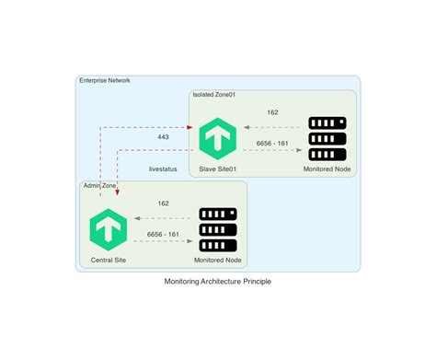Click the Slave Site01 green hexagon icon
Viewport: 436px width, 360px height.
pyautogui.click(x=218, y=137)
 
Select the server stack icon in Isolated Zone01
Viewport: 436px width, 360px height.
pyautogui.click(x=327, y=137)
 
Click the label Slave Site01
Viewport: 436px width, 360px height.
pyautogui.click(x=218, y=169)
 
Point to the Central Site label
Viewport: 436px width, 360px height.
pyautogui.click(x=109, y=261)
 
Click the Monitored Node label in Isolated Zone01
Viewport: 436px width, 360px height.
pyautogui.click(x=327, y=169)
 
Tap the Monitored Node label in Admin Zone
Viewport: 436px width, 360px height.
pyautogui.click(x=218, y=261)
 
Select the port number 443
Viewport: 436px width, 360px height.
pyautogui.click(x=163, y=137)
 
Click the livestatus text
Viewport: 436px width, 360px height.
pyautogui.click(x=163, y=169)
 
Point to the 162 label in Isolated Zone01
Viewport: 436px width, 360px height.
pyautogui.click(x=272, y=112)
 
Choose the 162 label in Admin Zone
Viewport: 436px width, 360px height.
pyautogui.click(x=163, y=203)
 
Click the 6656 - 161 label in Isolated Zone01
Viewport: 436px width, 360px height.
pyautogui.click(x=272, y=144)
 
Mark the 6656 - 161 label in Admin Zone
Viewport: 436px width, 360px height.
pyautogui.click(x=163, y=235)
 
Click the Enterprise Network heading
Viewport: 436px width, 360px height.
pyautogui.click(x=105, y=81)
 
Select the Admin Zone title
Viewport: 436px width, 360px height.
pyautogui.click(x=100, y=185)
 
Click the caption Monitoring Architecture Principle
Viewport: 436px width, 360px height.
pyautogui.click(x=218, y=282)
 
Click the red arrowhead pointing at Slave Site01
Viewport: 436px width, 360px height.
pyautogui.click(x=194, y=127)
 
